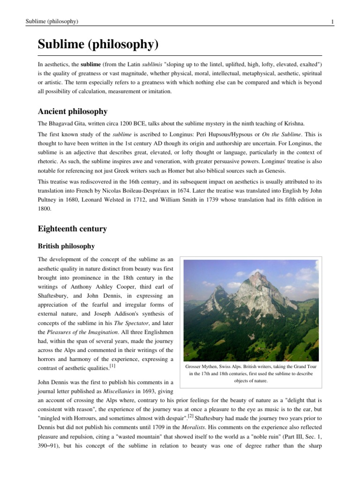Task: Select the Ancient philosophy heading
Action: (x=73, y=112)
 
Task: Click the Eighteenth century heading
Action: (x=72, y=229)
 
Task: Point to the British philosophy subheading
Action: (x=66, y=246)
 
